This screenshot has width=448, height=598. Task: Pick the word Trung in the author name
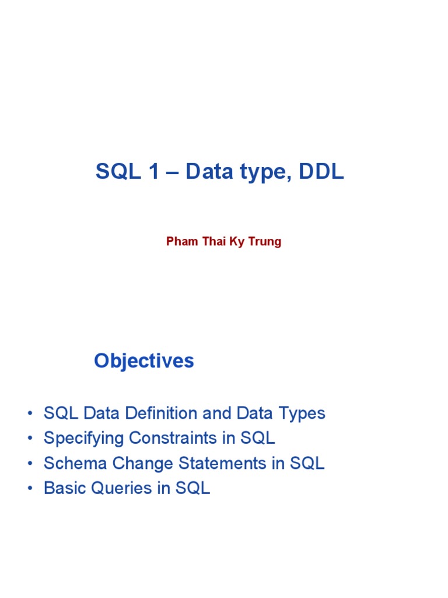(x=265, y=242)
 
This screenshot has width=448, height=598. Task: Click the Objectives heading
(x=143, y=361)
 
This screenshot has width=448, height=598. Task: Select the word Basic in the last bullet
(x=64, y=488)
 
